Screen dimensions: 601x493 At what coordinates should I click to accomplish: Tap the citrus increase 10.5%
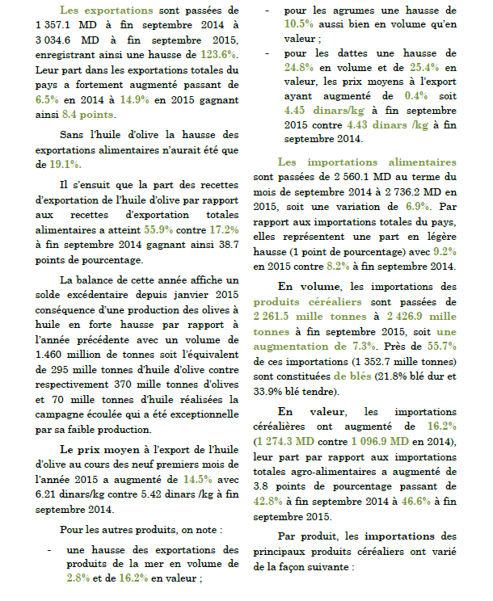(301, 26)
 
